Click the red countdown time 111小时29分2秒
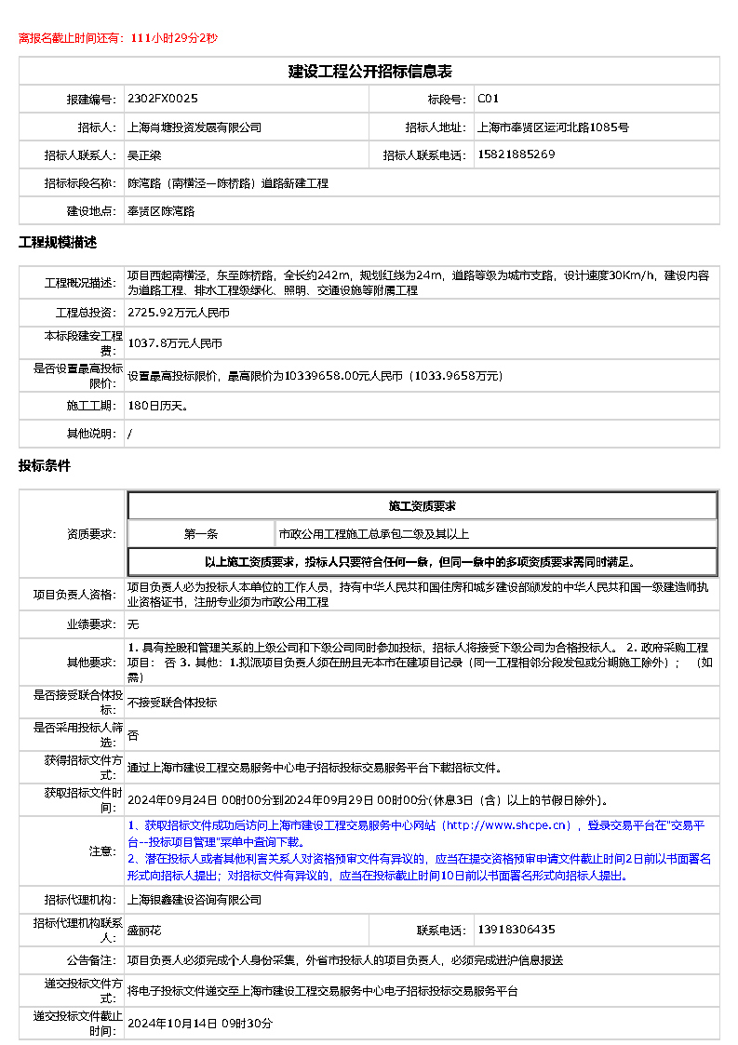[x=174, y=38]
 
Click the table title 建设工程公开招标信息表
[x=369, y=72]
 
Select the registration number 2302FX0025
[x=163, y=99]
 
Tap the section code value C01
[x=489, y=99]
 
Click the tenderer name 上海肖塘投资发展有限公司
[x=195, y=127]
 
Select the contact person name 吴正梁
[x=144, y=155]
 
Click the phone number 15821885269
[x=517, y=154]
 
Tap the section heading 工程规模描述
[x=58, y=243]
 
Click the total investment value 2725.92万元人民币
[x=179, y=314]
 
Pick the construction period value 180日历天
[x=158, y=406]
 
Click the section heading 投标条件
[x=45, y=466]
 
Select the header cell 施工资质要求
[x=422, y=506]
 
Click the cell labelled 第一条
[x=201, y=534]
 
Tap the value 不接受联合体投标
[x=172, y=703]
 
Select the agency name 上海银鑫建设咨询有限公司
[x=195, y=900]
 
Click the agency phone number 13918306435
[x=517, y=930]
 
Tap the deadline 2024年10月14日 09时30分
[x=200, y=1024]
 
